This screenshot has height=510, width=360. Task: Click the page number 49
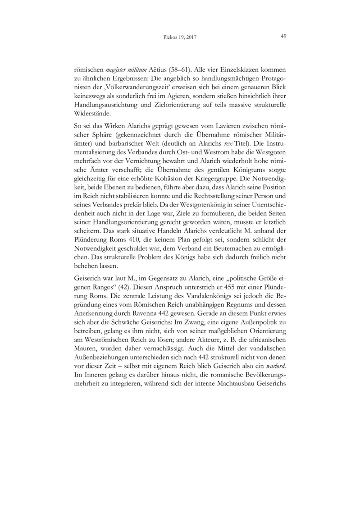coord(283,37)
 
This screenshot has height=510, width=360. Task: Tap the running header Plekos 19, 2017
coord(180,37)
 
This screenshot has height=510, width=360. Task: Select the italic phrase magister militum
coord(121,70)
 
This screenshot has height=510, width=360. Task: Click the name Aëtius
coord(158,70)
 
